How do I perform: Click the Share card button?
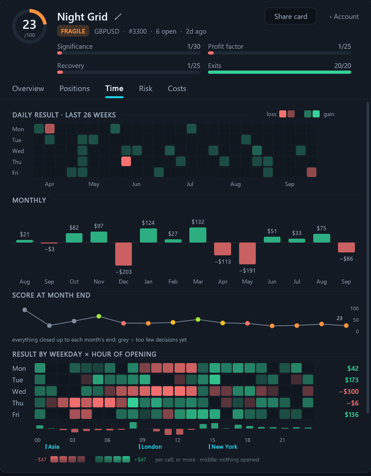pos(290,16)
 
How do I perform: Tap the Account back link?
pos(344,17)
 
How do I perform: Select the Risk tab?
pos(145,89)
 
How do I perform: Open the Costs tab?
pos(177,89)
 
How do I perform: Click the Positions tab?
pos(74,89)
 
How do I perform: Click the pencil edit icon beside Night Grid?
pos(118,17)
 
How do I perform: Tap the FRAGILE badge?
pos(73,31)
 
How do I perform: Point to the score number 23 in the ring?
pos(29,24)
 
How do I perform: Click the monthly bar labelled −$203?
pos(124,254)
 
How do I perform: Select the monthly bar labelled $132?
pos(198,235)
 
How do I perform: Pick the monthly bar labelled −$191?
pos(247,253)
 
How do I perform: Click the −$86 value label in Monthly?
pos(346,259)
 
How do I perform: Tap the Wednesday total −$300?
pos(349,391)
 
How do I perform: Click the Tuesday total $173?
pos(352,380)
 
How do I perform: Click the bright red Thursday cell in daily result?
pos(126,161)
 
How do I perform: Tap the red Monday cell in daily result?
pos(50,129)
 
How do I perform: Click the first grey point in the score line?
pos(25,310)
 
